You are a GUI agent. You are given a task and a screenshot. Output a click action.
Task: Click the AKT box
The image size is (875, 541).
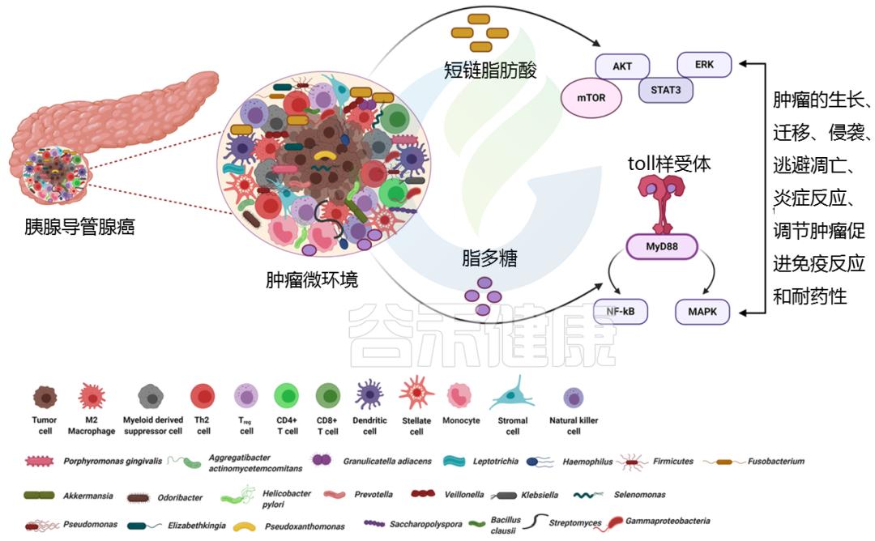coord(622,66)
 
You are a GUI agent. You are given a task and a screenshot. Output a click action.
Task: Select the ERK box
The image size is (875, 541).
coord(703,64)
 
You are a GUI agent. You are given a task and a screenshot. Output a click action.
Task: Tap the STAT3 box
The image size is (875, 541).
coord(666,90)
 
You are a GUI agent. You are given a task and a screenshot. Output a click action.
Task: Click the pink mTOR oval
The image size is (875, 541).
coord(591,97)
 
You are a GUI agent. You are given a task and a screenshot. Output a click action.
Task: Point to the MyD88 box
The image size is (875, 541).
coord(662,246)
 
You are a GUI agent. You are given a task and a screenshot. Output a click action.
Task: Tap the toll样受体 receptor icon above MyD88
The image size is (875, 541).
coord(662,202)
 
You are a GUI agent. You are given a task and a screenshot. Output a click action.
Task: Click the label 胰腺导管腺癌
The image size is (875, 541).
coord(79,228)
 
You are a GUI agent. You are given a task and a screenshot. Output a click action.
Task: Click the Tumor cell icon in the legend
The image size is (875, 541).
coord(45,396)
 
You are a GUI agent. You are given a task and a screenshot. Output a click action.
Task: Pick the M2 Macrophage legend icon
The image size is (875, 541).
coord(92,396)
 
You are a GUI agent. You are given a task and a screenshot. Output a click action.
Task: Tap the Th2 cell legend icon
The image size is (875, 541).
coord(202,396)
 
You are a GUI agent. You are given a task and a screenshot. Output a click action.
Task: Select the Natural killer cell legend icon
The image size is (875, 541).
coord(574,397)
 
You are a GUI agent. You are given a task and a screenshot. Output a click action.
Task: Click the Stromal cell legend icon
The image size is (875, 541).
coord(512,395)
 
